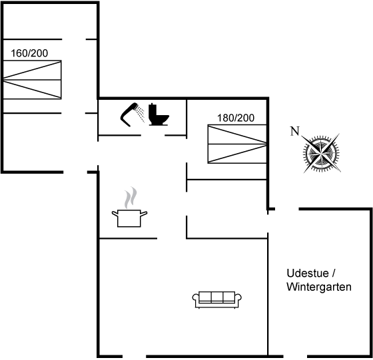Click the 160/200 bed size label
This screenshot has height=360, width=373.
[x=29, y=53]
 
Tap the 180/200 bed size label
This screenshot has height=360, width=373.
[x=236, y=118]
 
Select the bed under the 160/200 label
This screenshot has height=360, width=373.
[x=32, y=80]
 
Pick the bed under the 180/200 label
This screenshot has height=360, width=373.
[x=237, y=144]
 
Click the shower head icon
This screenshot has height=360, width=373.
[x=129, y=114]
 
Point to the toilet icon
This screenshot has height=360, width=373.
[x=159, y=114]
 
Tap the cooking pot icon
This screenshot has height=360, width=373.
[x=129, y=218]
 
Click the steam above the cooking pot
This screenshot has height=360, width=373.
[x=131, y=198]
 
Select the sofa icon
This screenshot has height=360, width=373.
[x=217, y=299]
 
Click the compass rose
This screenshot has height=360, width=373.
[x=321, y=153]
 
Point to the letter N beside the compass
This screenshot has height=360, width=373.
[x=294, y=131]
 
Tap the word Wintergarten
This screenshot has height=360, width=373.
[x=319, y=287]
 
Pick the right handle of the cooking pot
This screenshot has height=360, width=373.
[x=144, y=214]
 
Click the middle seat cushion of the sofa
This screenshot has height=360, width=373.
[x=217, y=297]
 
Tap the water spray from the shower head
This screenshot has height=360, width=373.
[x=141, y=114]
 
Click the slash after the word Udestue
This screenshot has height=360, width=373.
[x=333, y=273]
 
